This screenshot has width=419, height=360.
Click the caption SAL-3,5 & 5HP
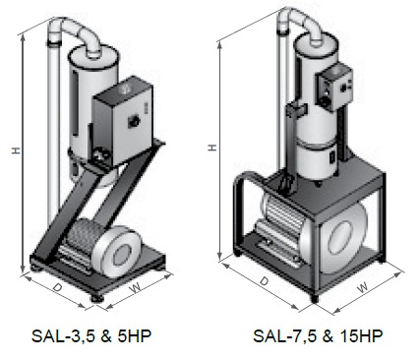pos(91,336)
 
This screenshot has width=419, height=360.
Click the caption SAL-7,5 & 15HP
pos(318,336)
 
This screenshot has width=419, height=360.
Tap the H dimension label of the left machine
pos(16,150)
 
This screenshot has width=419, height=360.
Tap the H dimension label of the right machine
pos(212,148)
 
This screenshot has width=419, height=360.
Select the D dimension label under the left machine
pos(58,288)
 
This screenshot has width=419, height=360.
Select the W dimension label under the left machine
pos(135,288)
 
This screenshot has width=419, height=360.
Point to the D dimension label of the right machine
pos(265,281)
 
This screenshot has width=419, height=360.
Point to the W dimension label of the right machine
pos(363,288)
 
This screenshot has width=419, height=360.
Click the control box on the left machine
pos(123,122)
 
